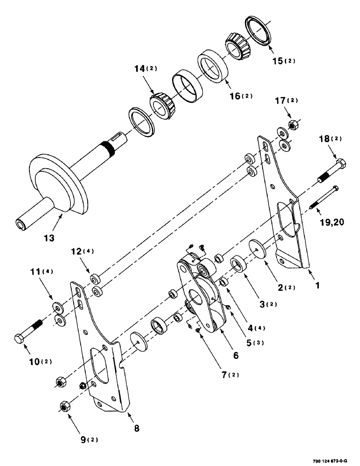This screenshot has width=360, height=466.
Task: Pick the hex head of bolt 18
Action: tap(341, 164)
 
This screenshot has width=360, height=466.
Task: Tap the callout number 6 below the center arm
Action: tap(235, 356)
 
